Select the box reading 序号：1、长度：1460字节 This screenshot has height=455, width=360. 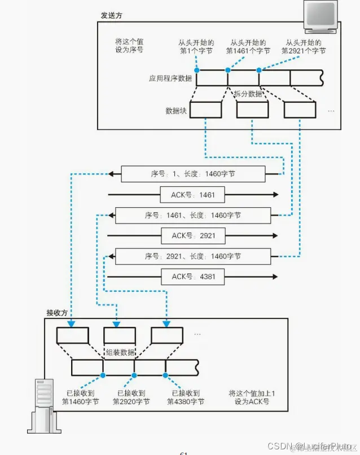pyautogui.click(x=193, y=174)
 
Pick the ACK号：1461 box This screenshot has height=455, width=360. pyautogui.click(x=192, y=195)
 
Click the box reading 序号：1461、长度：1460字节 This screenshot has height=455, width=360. pyautogui.click(x=193, y=215)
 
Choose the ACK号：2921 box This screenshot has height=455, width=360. pyautogui.click(x=192, y=235)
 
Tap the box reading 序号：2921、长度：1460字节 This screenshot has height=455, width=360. pyautogui.click(x=193, y=256)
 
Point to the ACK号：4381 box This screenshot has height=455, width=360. pyautogui.click(x=192, y=277)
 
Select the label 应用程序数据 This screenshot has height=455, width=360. pyautogui.click(x=170, y=78)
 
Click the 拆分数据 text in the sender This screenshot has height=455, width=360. pyautogui.click(x=248, y=94)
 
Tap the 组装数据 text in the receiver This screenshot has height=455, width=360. pyautogui.click(x=120, y=352)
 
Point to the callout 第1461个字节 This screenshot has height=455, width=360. pyautogui.click(x=248, y=51)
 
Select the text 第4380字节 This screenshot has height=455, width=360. pyautogui.click(x=186, y=401)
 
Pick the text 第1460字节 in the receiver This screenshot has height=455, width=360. pyautogui.click(x=80, y=401)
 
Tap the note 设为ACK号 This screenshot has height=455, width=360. pyautogui.click(x=249, y=401)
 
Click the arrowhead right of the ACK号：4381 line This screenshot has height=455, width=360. pyautogui.click(x=275, y=277)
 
